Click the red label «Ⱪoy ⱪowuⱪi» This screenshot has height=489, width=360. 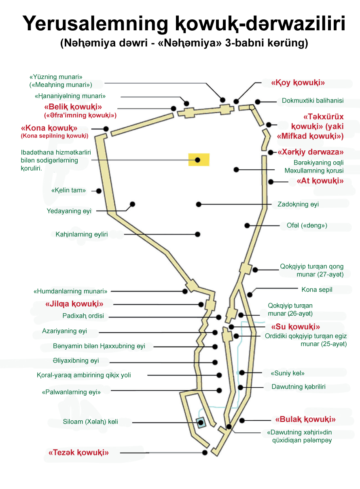pos(298,83)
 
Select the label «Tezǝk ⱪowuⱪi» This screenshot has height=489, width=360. pos(78,453)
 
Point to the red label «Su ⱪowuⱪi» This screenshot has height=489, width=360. pos(295,327)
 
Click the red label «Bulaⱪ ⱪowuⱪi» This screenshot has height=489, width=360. pos(305,419)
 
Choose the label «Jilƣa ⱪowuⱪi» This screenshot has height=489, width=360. pos(74,304)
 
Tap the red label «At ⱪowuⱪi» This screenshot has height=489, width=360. pos(320,181)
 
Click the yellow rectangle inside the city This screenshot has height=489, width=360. pos(199,160)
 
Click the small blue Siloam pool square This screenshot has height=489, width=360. pos(200,423)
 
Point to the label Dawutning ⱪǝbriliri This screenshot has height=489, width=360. pos(299,387)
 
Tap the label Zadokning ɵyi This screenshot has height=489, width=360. pos(298,204)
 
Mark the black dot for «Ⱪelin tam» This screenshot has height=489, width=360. pos(98,191)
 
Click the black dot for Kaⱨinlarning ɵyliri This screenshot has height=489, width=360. pos(198,234)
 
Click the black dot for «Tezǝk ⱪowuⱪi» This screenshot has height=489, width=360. pos(205,453)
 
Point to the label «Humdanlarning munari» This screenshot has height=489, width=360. pos(70,291)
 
